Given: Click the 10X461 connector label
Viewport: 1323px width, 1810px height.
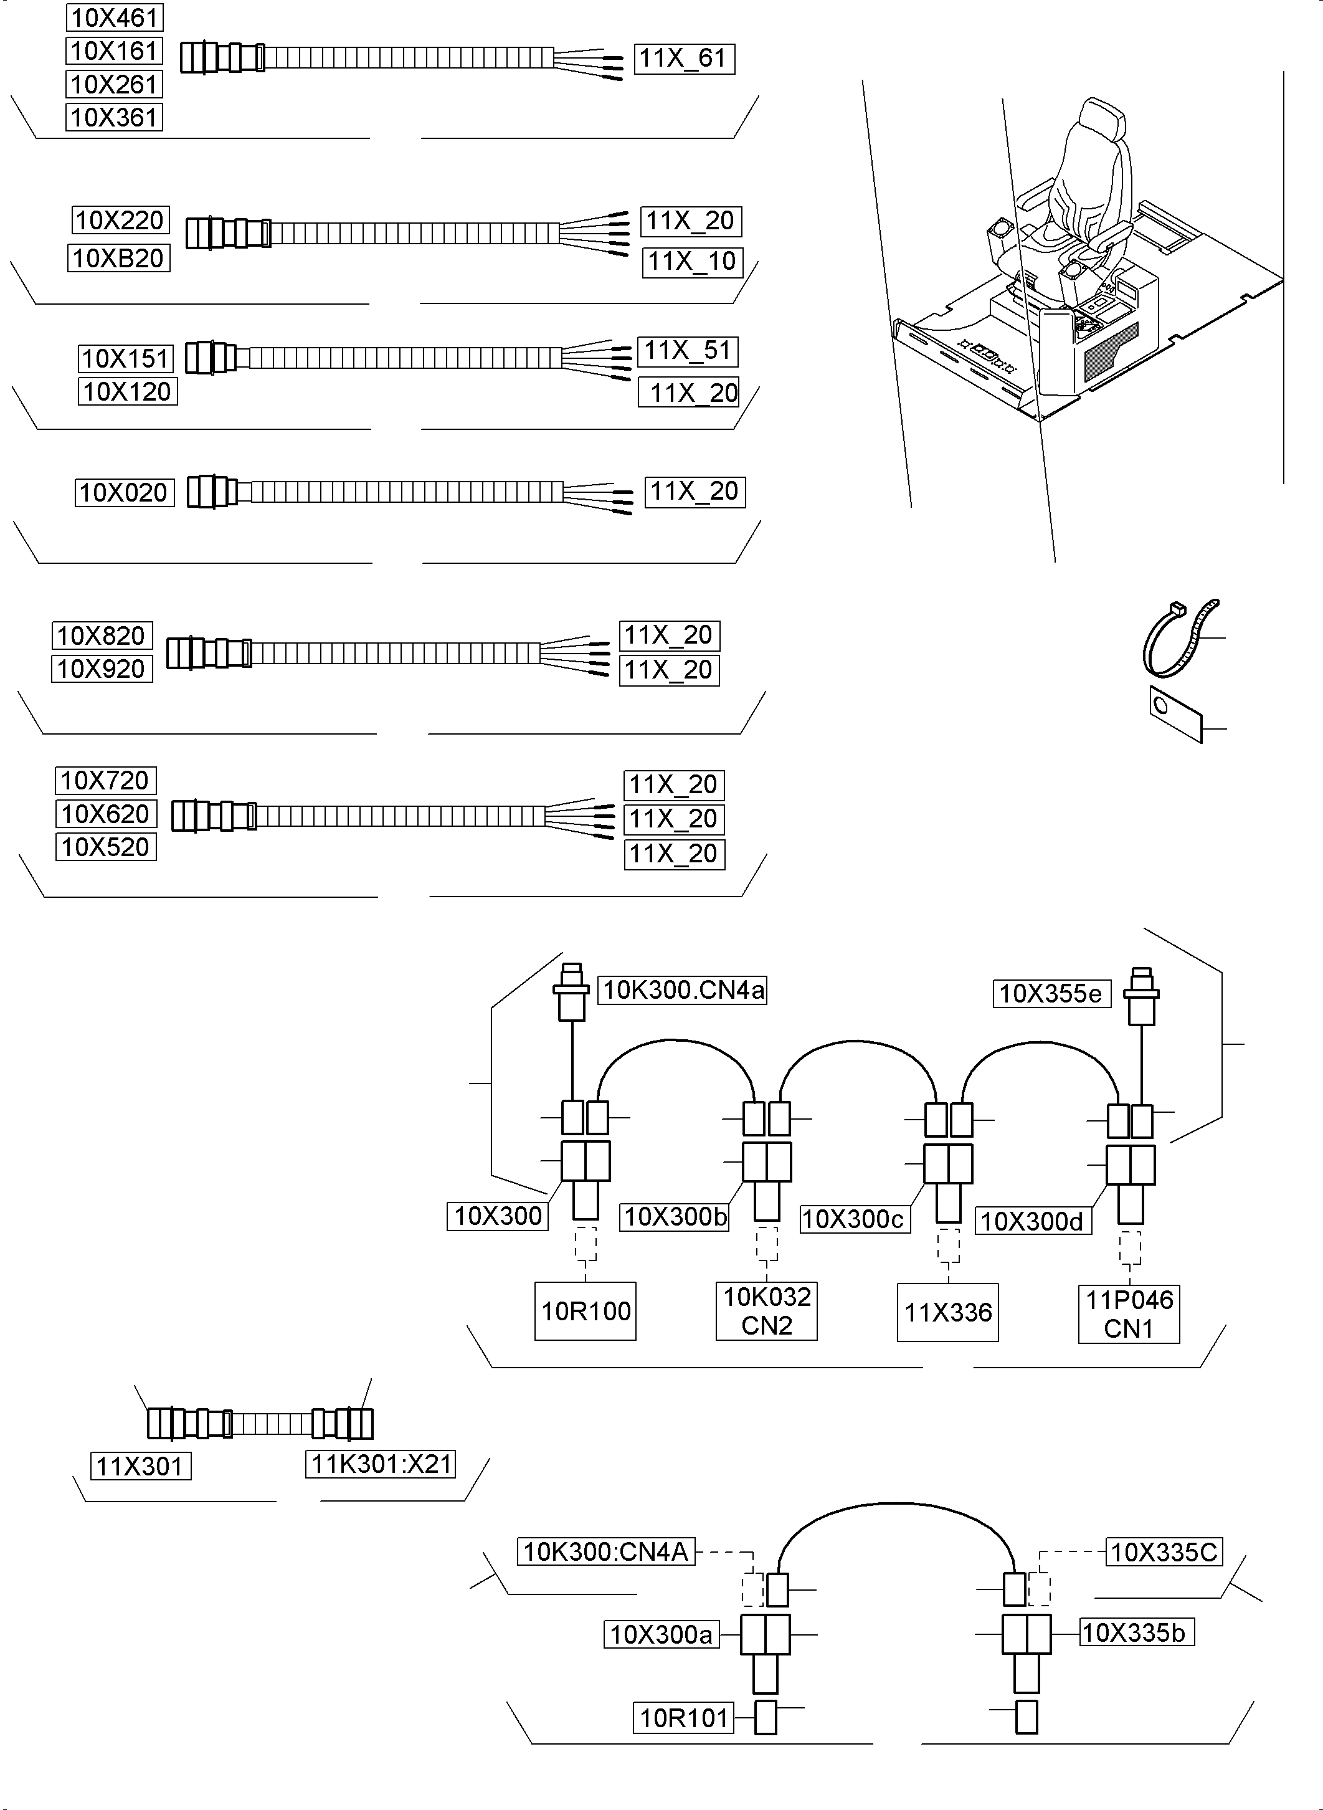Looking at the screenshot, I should [x=115, y=17].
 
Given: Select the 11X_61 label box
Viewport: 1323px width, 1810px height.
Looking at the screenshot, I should [x=684, y=59].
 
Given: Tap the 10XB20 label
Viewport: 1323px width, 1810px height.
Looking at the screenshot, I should [x=118, y=258].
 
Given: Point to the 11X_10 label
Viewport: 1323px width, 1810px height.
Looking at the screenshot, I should [x=692, y=262].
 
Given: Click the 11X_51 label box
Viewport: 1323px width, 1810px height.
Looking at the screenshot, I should [x=687, y=351].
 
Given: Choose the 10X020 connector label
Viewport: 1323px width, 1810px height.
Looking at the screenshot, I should [x=124, y=493].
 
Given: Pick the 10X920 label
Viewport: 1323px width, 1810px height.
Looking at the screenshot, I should [x=102, y=669].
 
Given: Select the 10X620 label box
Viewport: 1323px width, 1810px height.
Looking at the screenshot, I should [x=106, y=814].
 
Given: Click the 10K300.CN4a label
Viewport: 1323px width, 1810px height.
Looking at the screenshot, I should [x=682, y=990].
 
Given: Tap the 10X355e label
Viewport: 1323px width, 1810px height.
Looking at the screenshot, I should [x=1051, y=994].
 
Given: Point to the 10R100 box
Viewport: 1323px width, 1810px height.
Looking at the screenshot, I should [x=586, y=1311].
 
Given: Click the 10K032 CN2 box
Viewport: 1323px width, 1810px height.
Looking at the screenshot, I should [x=766, y=1311].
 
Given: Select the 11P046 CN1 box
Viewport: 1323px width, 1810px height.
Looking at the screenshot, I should [x=1129, y=1313].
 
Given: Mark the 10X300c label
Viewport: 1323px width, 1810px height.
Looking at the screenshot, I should [x=854, y=1219].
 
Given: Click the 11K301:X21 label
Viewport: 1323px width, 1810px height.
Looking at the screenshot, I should [x=381, y=1464].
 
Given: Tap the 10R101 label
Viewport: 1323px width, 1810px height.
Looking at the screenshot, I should [x=683, y=1718].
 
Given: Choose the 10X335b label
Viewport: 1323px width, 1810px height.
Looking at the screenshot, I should [x=1135, y=1632].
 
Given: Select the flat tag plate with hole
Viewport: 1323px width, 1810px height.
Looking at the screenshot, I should [x=1175, y=713].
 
